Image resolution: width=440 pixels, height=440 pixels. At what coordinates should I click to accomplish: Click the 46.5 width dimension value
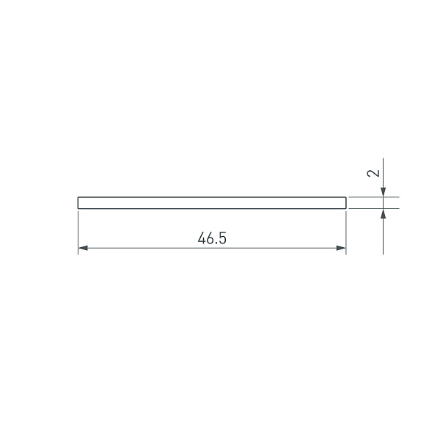click(210, 238)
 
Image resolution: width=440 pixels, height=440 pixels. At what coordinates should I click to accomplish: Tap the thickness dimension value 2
click(374, 174)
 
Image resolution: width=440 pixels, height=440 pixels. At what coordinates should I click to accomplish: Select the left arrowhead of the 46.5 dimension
click(82, 249)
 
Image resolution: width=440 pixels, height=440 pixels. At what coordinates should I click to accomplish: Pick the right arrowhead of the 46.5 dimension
click(341, 249)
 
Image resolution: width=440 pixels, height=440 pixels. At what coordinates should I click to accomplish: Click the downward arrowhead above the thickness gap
click(383, 192)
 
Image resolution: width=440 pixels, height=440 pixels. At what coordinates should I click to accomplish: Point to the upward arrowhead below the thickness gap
click(383, 213)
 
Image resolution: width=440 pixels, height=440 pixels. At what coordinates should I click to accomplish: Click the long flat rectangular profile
click(211, 203)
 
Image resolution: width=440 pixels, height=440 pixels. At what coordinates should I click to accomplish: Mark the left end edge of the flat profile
click(78, 203)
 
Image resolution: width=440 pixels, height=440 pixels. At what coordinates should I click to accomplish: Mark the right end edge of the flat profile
click(345, 203)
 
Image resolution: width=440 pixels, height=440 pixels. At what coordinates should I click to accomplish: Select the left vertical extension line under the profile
click(78, 231)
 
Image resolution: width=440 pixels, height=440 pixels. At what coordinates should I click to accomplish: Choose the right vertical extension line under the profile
click(345, 231)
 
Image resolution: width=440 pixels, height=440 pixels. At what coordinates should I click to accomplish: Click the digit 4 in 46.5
click(201, 238)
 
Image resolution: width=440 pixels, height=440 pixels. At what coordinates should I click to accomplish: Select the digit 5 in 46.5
click(220, 238)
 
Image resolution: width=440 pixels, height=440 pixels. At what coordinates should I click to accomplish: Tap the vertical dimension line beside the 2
click(383, 172)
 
